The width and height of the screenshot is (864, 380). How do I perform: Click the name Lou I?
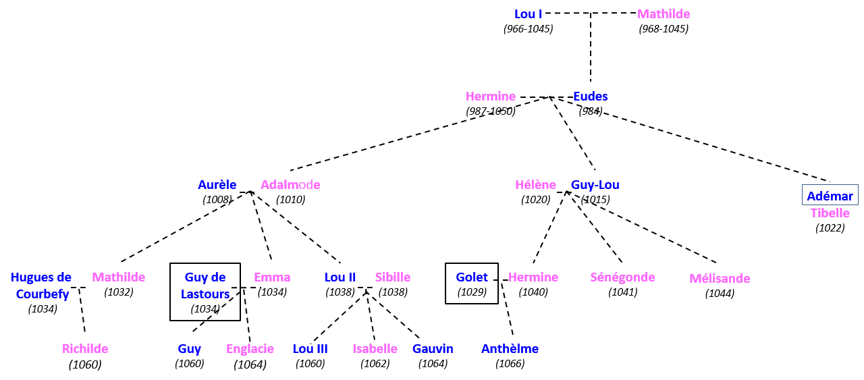tap(528, 14)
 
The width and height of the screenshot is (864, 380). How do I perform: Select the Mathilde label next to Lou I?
tap(663, 14)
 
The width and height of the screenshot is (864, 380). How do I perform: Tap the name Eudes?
tap(590, 97)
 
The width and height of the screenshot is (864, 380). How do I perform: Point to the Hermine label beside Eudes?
tap(490, 97)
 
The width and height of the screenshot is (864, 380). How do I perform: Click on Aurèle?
tap(217, 185)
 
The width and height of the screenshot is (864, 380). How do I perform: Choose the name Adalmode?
tap(290, 185)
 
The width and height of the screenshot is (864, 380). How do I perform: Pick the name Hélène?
tap(535, 185)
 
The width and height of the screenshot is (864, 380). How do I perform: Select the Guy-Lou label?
tap(595, 185)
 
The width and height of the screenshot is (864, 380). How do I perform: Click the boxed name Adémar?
tap(830, 196)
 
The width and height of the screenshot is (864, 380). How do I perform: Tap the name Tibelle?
tap(830, 213)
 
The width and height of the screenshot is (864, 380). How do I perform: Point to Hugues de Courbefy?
tap(42, 286)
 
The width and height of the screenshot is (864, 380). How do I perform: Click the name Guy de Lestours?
tap(205, 286)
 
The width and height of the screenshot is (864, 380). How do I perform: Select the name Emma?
tap(272, 277)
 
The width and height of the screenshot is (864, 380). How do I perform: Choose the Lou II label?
tap(340, 277)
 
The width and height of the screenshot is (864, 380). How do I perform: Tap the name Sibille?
tap(392, 277)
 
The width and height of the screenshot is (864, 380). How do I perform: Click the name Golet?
tap(471, 277)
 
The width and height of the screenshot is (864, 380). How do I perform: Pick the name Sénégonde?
tap(622, 277)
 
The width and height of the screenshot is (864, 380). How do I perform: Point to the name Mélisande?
tap(719, 279)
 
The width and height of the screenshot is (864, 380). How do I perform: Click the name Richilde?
tap(85, 349)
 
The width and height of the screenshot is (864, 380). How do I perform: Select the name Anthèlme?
tap(510, 349)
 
